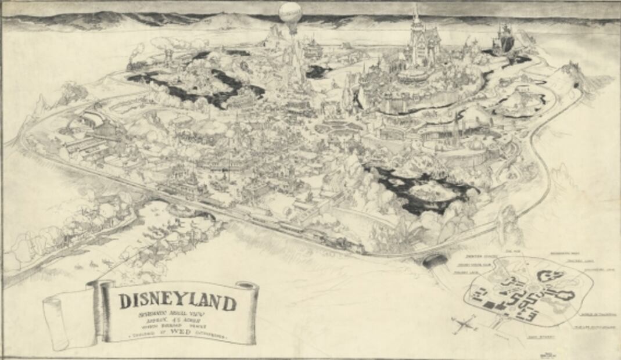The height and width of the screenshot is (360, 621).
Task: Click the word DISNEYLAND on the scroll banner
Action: point(178,302)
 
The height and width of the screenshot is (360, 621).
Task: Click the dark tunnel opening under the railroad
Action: point(433,261)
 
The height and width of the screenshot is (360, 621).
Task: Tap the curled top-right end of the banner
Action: point(249,286)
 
